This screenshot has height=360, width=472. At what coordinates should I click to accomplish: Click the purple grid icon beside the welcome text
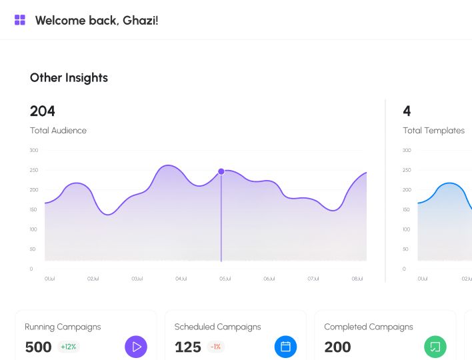(x=20, y=20)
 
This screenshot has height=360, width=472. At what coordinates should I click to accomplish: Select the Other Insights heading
(x=69, y=78)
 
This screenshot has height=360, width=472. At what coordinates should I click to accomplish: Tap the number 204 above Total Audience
(x=43, y=111)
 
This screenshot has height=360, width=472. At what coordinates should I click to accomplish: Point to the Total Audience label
(x=58, y=131)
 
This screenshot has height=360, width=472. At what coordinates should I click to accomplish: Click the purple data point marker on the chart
(x=221, y=171)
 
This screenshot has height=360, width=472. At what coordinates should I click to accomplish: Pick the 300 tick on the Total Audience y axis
(x=34, y=151)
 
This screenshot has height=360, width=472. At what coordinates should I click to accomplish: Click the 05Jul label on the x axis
(x=225, y=279)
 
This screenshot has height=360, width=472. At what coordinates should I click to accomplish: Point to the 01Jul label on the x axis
(x=49, y=279)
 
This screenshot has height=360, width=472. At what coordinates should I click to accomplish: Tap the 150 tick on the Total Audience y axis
(x=34, y=210)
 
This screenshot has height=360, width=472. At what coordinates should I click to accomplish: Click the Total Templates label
(x=433, y=131)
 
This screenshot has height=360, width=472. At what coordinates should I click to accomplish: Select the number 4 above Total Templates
(x=407, y=111)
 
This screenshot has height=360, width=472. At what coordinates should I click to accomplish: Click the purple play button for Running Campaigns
(x=136, y=347)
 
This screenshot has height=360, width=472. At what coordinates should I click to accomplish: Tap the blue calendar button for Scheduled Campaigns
(x=285, y=347)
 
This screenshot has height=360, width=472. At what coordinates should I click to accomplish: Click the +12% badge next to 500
(x=68, y=347)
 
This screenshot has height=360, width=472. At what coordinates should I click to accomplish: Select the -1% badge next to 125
(x=215, y=347)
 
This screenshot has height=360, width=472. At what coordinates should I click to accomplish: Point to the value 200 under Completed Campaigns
(x=337, y=347)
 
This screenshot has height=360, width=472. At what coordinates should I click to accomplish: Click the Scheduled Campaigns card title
(x=217, y=327)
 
